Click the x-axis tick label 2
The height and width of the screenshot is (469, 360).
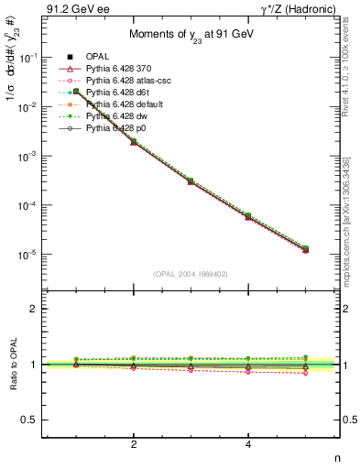pos(134,444)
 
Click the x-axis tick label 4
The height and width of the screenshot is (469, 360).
pos(248,444)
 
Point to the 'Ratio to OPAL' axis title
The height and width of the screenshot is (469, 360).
pos(12,365)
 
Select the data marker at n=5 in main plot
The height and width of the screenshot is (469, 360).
pos(305,248)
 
